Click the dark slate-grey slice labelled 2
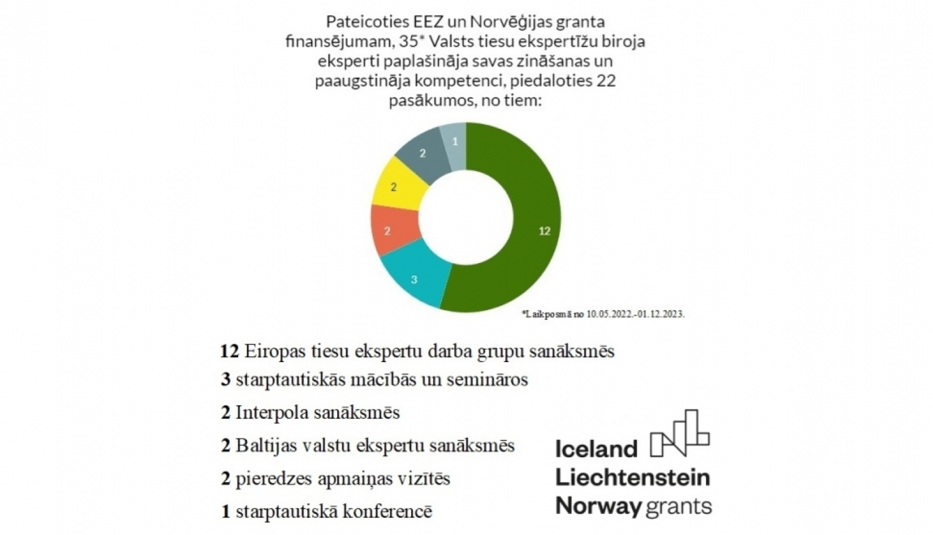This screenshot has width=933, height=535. click(423, 153)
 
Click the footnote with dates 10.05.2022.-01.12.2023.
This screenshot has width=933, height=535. click(603, 314)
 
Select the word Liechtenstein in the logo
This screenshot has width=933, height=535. click(632, 477)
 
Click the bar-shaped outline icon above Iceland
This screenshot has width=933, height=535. click(679, 433)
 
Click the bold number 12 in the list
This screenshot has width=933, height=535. click(230, 351)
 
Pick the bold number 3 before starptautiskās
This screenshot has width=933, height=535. click(226, 379)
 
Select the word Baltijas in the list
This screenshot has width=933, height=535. click(266, 445)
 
